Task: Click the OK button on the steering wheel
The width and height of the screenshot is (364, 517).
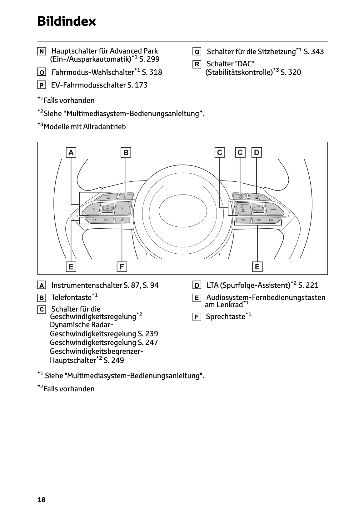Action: pyautogui.click(x=107, y=208)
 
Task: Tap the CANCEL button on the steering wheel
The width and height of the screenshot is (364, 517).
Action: pyautogui.click(x=272, y=209)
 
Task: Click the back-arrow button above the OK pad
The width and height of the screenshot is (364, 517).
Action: pyautogui.click(x=108, y=197)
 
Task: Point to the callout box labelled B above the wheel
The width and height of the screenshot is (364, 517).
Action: pyautogui.click(x=126, y=153)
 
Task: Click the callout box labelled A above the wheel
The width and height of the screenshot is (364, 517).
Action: pyautogui.click(x=71, y=153)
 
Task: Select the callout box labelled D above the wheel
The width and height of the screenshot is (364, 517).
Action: pyautogui.click(x=257, y=153)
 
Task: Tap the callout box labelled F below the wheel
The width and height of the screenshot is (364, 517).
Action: pyautogui.click(x=122, y=267)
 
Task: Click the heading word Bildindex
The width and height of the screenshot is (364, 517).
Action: pyautogui.click(x=67, y=22)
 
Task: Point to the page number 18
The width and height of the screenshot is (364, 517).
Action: pyautogui.click(x=41, y=500)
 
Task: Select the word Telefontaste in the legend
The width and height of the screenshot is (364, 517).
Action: pyautogui.click(x=71, y=297)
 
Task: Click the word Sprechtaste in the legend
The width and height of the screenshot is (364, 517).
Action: pyautogui.click(x=225, y=317)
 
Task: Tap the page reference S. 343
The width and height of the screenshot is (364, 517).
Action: pyautogui.click(x=314, y=52)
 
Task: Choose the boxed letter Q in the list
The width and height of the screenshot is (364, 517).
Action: pyautogui.click(x=197, y=52)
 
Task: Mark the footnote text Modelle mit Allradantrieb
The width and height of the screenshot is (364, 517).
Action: pyautogui.click(x=85, y=127)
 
